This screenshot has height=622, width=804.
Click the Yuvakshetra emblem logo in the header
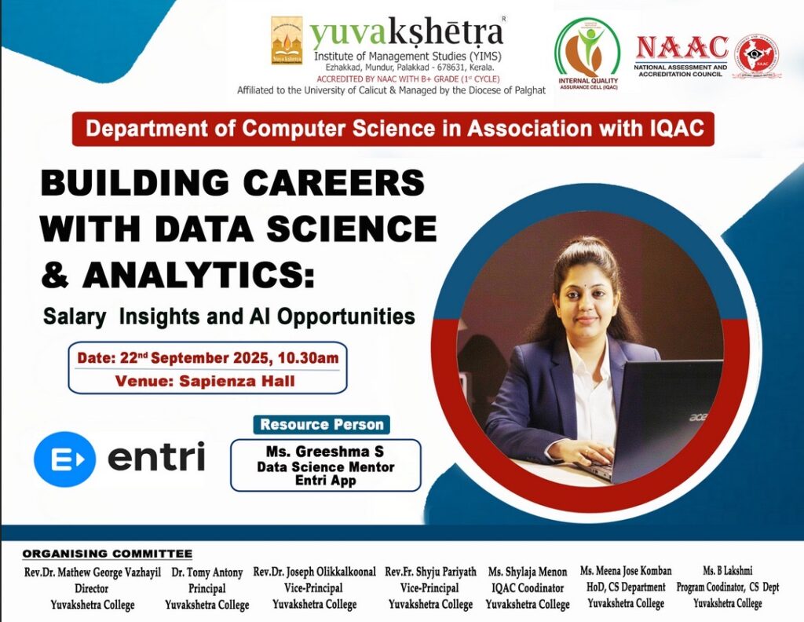click(287, 41)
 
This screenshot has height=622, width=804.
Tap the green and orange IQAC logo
click(587, 54)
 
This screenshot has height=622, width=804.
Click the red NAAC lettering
click(682, 48)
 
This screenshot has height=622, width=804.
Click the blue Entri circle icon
click(64, 459)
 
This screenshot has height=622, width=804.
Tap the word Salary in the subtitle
click(75, 316)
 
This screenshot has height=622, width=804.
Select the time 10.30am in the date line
click(308, 358)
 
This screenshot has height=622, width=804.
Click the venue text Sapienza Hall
click(237, 381)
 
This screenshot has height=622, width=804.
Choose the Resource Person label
click(321, 425)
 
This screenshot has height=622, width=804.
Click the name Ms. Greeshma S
click(324, 452)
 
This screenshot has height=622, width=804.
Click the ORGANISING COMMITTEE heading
click(107, 554)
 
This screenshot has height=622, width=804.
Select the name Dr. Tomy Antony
click(207, 573)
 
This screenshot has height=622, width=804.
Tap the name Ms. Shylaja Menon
click(528, 572)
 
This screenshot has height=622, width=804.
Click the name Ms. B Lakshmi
click(728, 571)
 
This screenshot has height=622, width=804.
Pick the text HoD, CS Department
click(626, 587)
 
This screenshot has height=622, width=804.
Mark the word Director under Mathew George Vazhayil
click(91, 588)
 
